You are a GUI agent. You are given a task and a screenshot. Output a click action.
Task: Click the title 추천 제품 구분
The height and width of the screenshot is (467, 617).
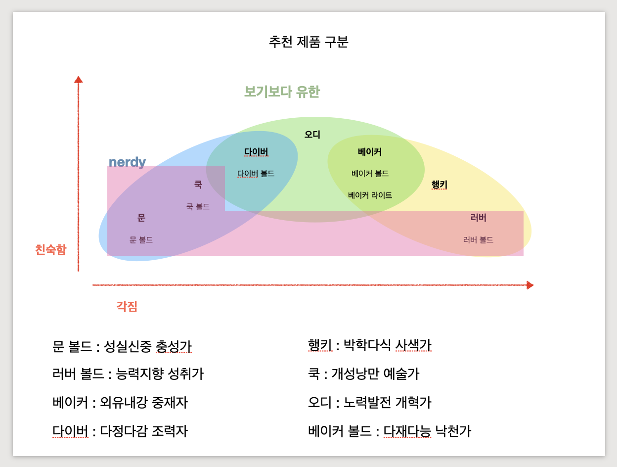[308, 42]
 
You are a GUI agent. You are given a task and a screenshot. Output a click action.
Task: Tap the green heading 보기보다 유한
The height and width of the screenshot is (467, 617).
[282, 92]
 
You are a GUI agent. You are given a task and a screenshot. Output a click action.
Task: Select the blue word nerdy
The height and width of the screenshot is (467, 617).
[127, 162]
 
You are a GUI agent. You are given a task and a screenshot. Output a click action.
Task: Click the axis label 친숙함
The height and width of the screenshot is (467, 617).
[50, 250]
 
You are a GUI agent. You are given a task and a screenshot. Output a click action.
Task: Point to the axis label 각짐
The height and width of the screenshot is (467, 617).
[127, 307]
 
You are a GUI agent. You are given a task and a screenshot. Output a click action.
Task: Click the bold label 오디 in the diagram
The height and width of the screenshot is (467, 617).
[312, 135]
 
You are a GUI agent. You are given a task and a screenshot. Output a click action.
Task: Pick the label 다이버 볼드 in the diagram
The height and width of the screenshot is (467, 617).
[256, 174]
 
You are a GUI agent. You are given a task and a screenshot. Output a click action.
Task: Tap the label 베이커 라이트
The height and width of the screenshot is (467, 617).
[370, 195]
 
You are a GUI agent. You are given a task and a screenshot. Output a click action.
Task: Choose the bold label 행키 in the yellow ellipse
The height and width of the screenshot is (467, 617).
[439, 185]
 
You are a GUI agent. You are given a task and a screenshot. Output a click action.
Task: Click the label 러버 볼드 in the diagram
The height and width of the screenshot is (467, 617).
[478, 240]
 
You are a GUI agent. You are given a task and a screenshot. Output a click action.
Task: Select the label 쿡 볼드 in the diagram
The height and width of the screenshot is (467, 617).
[198, 207]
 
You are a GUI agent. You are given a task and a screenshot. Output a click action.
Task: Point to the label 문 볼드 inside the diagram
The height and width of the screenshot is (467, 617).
[141, 240]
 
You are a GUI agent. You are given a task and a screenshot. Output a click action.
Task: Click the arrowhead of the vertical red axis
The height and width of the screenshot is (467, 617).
[78, 79]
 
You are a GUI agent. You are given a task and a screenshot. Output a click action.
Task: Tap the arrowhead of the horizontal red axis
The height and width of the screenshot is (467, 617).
[530, 285]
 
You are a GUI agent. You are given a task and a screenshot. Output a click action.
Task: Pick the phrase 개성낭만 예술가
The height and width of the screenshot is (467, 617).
[375, 374]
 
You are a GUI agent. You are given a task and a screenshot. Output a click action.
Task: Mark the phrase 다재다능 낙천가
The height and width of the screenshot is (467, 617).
[427, 431]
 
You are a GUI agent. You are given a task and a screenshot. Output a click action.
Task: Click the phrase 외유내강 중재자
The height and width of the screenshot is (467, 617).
[144, 403]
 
